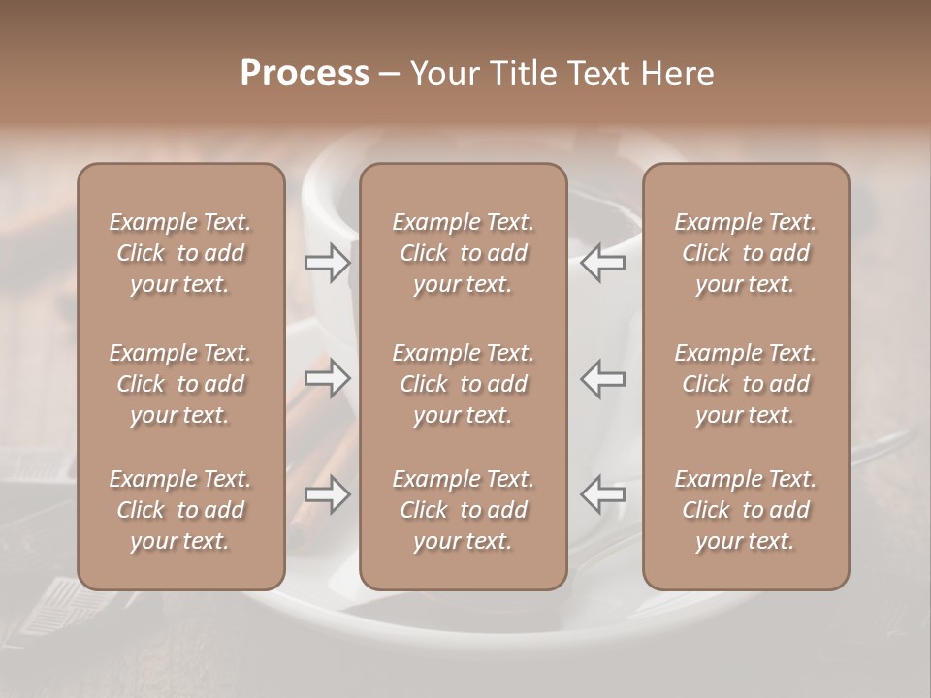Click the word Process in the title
[305, 74]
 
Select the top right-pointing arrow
[328, 263]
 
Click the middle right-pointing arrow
[328, 378]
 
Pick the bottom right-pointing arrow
[328, 494]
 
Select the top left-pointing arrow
[603, 263]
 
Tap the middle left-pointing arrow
[603, 378]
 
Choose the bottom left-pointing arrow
[603, 494]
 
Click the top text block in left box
[180, 253]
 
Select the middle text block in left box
[180, 384]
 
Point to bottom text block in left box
[180, 510]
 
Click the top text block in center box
[464, 253]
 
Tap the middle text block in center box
[464, 384]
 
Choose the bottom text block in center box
[464, 510]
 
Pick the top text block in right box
[746, 253]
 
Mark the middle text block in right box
[746, 384]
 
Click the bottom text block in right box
[746, 510]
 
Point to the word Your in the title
[441, 74]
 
